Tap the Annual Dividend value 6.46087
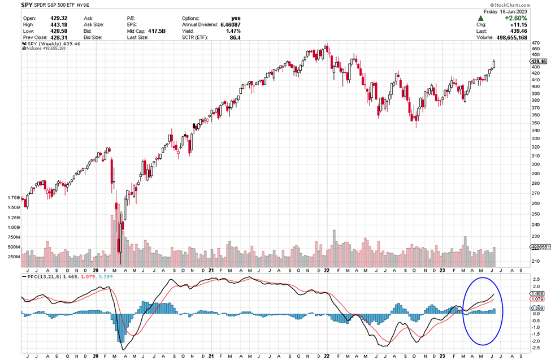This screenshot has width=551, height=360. point(228,24)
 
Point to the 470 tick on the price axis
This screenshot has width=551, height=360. point(535,49)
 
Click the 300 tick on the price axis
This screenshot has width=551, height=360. point(535,164)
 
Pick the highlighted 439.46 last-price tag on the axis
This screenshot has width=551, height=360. point(539,61)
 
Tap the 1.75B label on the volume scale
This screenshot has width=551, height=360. point(13,198)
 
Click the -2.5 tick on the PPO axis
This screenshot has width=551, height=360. point(535,349)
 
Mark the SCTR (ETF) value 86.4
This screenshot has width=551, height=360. point(233,38)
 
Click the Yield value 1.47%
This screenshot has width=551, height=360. point(231,31)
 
